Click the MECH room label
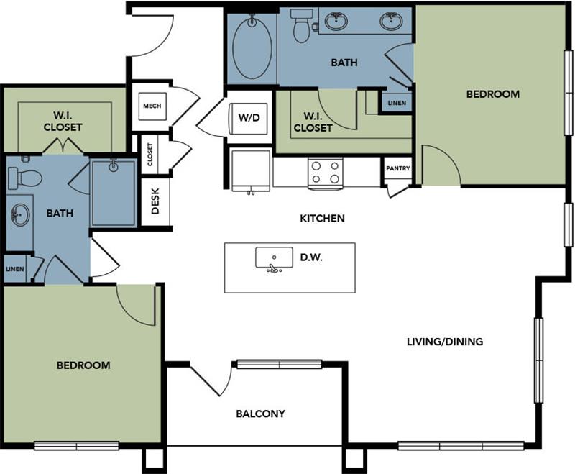[152, 106]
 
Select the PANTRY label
[397, 169]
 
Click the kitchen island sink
[274, 259]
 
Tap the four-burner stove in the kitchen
[324, 173]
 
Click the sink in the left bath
[20, 214]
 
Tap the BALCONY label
[261, 414]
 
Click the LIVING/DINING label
[444, 342]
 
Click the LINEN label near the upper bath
[396, 103]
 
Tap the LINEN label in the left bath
[14, 269]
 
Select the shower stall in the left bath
[114, 193]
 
